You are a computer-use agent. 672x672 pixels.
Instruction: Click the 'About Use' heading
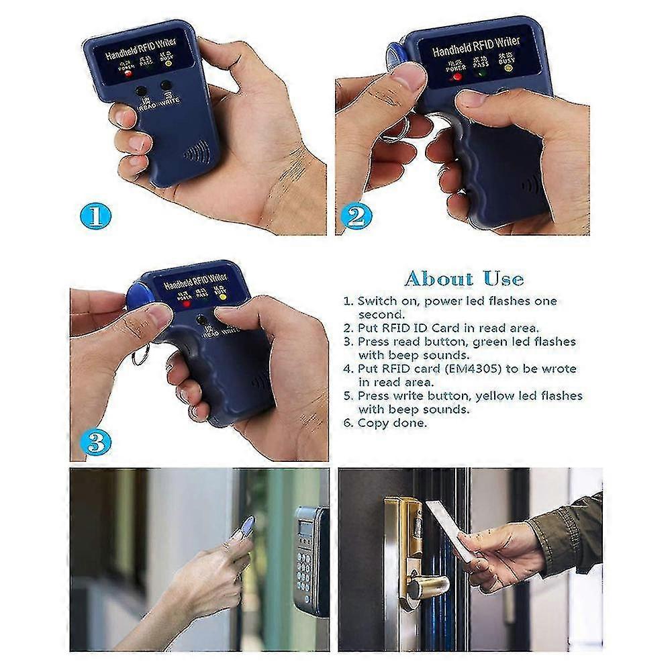464,278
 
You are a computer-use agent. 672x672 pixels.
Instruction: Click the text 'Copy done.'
392,423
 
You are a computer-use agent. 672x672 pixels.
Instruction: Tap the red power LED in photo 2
457,77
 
